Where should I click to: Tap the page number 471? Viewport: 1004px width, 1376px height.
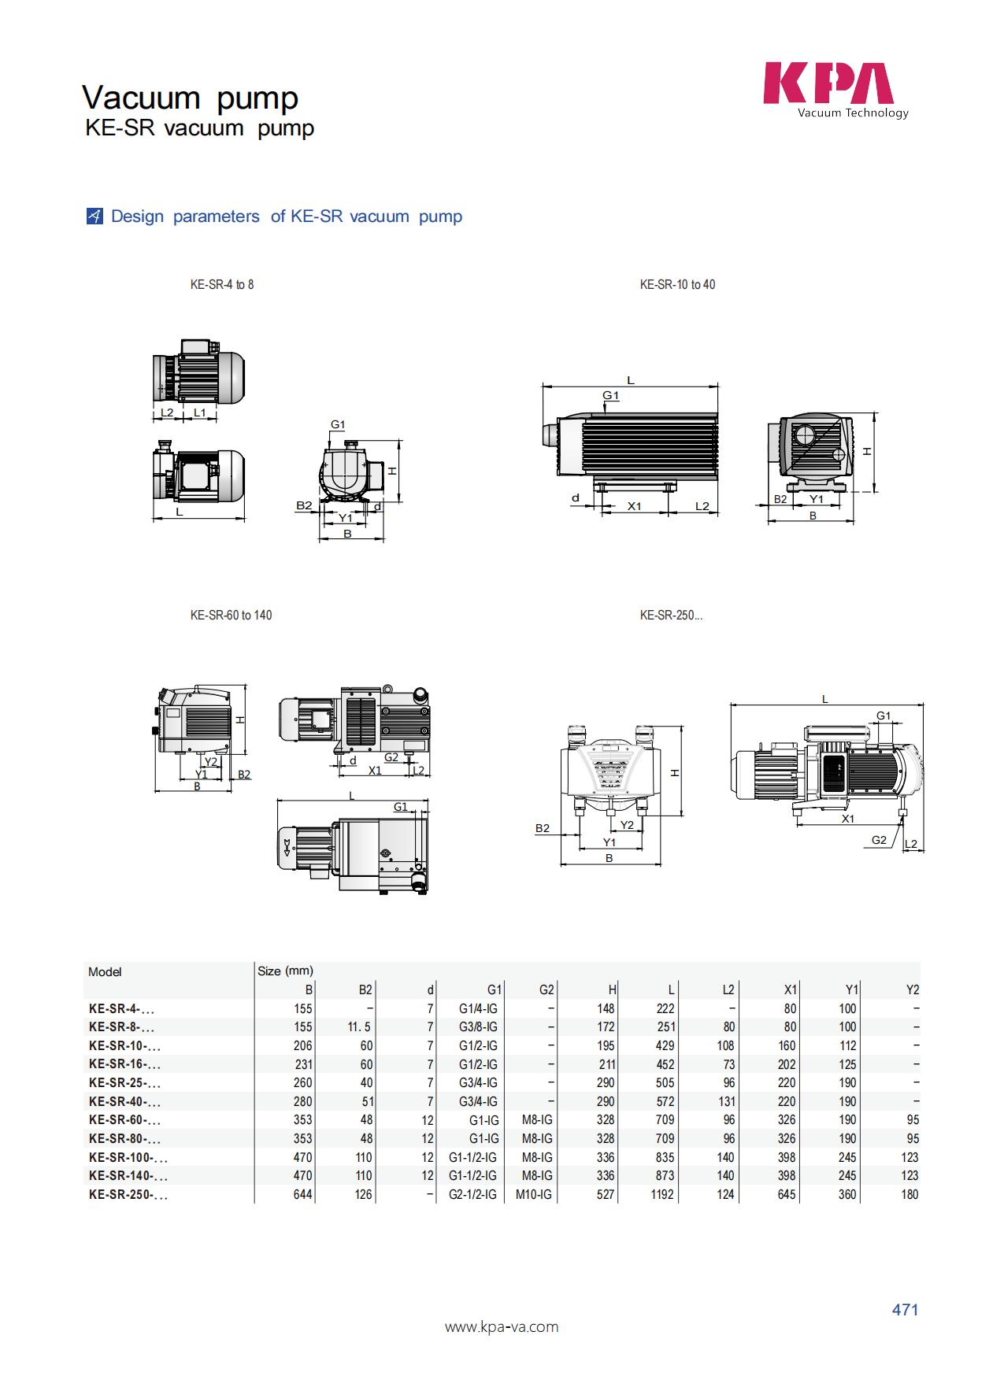(x=905, y=1310)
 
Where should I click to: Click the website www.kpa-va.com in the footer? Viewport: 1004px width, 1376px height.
(x=502, y=1327)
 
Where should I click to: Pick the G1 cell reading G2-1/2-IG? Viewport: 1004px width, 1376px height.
(x=472, y=1194)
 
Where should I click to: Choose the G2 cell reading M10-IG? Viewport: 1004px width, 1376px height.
(x=534, y=1194)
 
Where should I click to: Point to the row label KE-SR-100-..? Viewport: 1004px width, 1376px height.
(x=128, y=1157)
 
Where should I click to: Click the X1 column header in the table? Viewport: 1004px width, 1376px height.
(x=791, y=989)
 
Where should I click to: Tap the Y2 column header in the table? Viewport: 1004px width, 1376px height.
(x=912, y=989)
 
